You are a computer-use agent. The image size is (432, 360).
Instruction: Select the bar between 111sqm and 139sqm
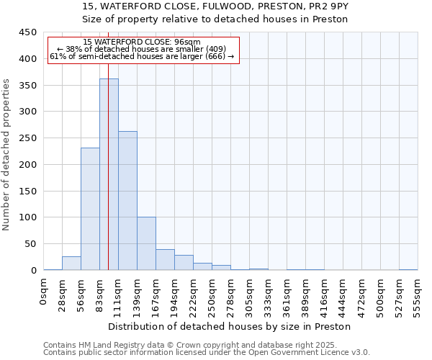[x=127, y=201]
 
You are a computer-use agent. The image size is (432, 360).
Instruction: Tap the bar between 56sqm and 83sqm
[x=90, y=209]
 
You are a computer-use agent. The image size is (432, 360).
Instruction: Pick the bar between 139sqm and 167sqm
[x=146, y=243]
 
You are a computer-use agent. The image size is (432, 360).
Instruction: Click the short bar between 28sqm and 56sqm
[x=71, y=264]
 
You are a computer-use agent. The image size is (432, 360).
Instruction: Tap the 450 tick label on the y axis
[x=28, y=32]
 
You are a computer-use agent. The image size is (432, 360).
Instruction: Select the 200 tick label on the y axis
[x=28, y=165]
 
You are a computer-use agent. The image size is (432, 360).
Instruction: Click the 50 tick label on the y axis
[x=31, y=244]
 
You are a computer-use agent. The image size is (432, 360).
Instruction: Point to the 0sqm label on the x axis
[x=44, y=292]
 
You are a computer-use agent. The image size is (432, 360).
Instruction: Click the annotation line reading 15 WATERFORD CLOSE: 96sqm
[x=141, y=42]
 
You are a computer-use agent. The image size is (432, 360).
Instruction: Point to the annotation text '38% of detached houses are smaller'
[x=141, y=49]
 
